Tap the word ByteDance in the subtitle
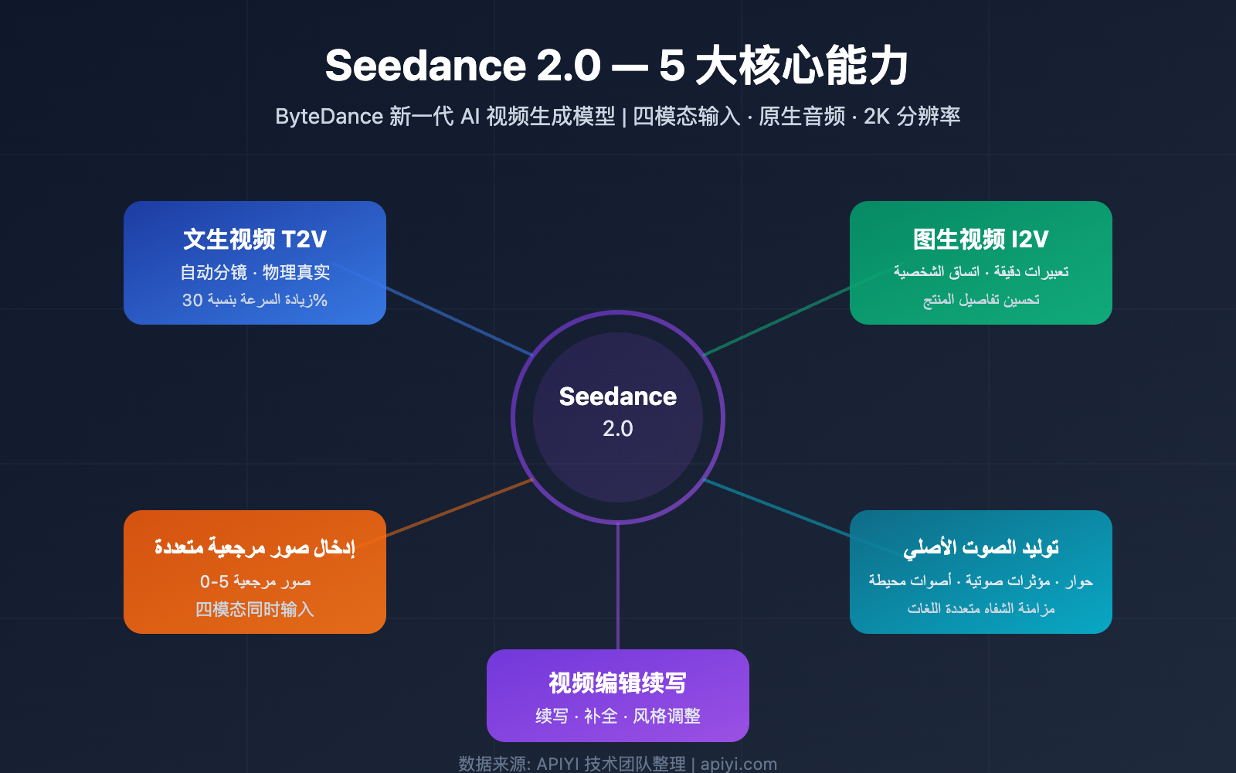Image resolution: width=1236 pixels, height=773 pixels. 329,117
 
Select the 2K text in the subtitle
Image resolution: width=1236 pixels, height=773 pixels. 876,117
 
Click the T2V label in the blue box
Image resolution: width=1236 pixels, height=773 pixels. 304,240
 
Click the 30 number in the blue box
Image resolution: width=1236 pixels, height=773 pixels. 192,300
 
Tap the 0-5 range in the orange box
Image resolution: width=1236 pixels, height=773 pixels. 214,581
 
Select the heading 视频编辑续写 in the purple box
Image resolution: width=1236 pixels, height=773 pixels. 617,683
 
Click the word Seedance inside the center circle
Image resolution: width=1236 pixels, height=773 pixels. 617,397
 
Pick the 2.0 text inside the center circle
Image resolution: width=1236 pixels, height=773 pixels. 617,428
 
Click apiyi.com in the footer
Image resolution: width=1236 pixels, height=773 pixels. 739,764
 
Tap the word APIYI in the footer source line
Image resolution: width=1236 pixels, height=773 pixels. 557,764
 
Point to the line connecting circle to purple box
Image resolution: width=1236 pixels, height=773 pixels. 618,587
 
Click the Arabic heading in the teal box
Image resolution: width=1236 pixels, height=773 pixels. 981,548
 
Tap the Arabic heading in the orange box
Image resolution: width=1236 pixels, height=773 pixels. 255,548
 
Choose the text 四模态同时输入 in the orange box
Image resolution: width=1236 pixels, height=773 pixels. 255,610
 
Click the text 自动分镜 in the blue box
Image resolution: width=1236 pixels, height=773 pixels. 213,272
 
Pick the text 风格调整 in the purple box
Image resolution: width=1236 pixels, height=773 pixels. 667,717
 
